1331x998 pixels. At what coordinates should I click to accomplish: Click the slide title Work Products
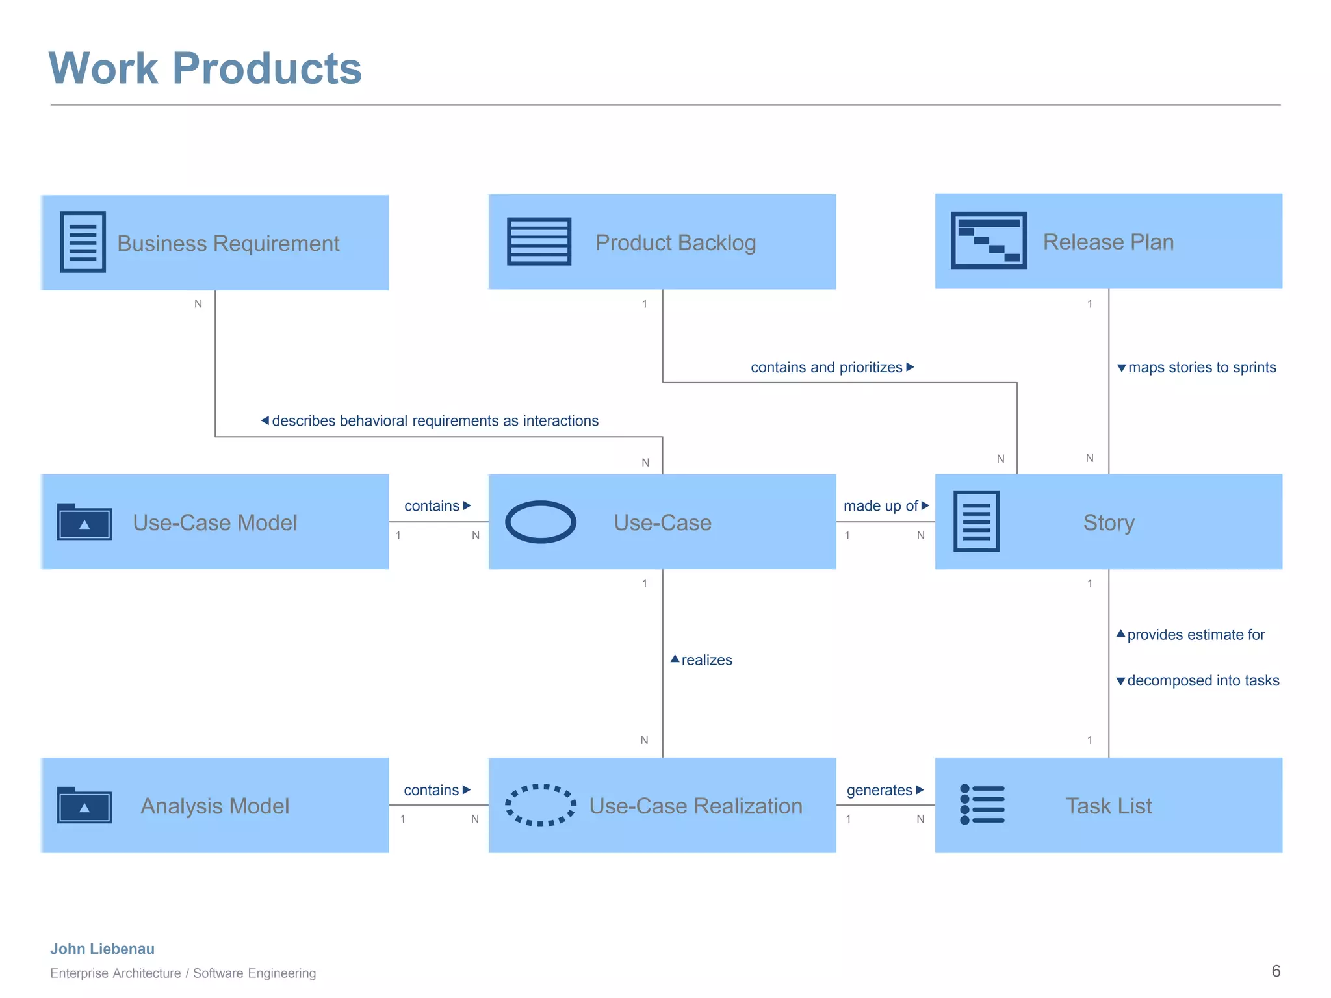point(205,68)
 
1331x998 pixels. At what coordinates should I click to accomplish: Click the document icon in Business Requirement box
point(83,242)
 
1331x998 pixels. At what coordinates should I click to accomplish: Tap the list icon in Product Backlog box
point(539,242)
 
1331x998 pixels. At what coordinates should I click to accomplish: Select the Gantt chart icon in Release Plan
point(989,240)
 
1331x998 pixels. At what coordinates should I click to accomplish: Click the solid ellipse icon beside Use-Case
point(540,522)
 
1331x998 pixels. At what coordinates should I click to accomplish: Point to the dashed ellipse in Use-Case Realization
point(540,805)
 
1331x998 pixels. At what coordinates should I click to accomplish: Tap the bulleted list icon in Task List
point(982,804)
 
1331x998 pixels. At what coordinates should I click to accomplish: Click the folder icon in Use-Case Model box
point(84,522)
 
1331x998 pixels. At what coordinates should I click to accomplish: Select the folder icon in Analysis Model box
point(84,805)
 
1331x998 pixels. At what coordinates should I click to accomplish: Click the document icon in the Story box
point(976,521)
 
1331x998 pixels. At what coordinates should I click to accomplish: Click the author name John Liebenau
point(102,949)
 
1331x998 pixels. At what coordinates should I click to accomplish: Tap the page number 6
point(1276,971)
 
